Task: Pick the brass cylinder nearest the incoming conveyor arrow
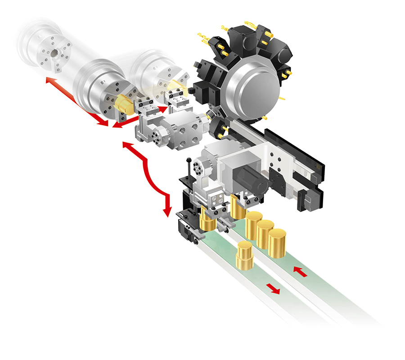click(x=277, y=243)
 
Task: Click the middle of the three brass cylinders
click(x=265, y=234)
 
